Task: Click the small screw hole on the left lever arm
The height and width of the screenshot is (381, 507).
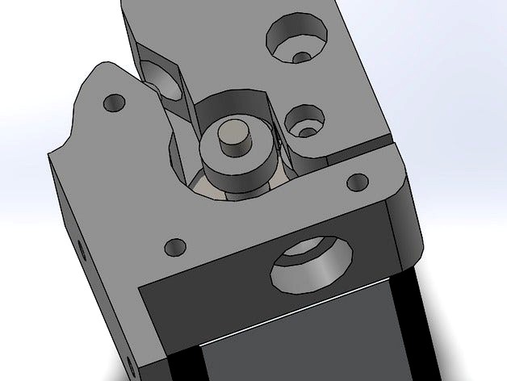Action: [x=113, y=103]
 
